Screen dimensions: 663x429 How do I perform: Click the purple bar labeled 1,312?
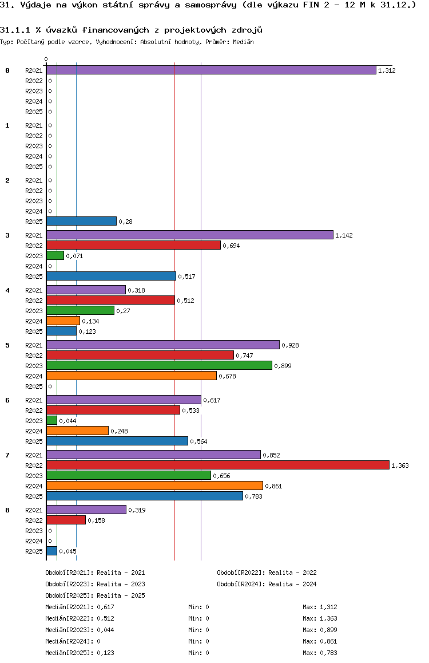pos(211,70)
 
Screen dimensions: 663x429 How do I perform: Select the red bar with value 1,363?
pos(217,465)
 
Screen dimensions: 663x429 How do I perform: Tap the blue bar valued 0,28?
pos(81,221)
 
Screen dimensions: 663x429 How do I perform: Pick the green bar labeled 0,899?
pos(159,365)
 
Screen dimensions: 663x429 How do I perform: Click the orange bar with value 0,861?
pos(154,486)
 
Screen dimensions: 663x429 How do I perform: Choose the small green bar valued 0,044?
pos(51,420)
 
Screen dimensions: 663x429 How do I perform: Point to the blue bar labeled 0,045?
pos(51,551)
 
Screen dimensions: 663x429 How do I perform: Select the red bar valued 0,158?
pos(66,520)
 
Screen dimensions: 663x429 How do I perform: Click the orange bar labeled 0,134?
pos(63,321)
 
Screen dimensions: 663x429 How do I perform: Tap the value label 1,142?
pos(344,235)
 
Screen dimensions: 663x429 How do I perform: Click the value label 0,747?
pos(245,356)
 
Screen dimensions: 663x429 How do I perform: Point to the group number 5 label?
pos(7,345)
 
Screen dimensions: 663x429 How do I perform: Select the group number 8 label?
pos(7,510)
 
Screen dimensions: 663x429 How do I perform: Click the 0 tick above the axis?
pos(46,59)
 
